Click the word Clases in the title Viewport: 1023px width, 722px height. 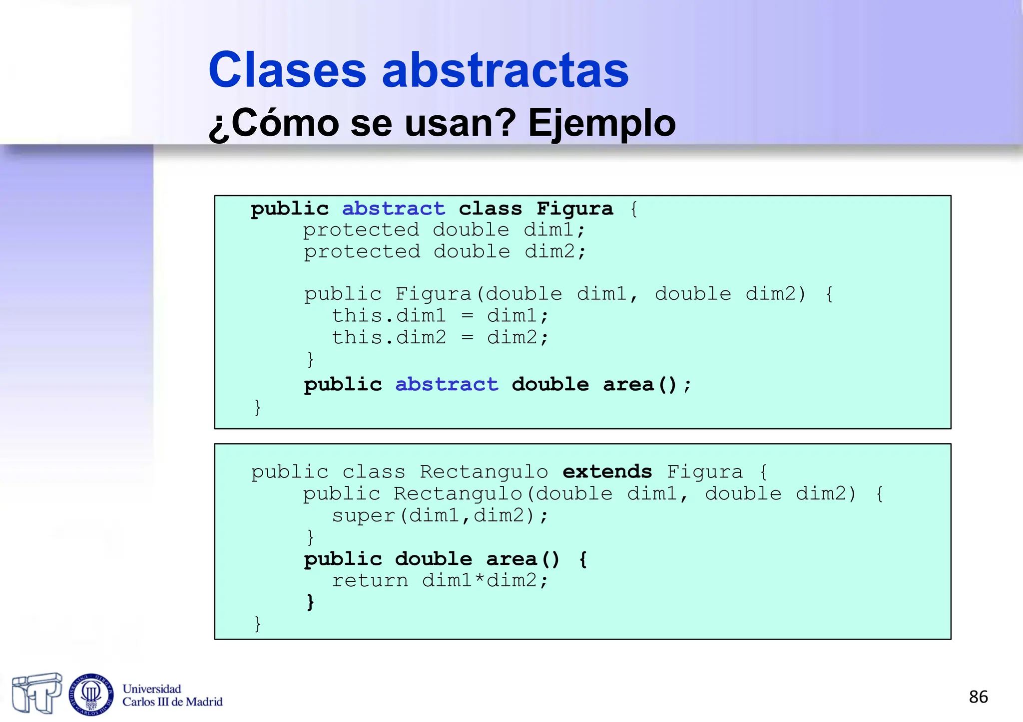[287, 70]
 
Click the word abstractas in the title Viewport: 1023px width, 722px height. [505, 70]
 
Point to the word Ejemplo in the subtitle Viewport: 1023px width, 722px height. [602, 123]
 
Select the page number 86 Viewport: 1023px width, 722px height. [978, 697]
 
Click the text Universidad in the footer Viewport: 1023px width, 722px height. [152, 689]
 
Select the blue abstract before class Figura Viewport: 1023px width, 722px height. [393, 209]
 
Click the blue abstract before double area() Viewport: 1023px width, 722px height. [447, 384]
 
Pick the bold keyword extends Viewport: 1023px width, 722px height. [607, 472]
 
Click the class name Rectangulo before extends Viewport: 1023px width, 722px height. [484, 472]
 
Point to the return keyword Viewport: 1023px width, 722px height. [370, 580]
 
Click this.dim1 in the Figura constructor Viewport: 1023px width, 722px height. [389, 316]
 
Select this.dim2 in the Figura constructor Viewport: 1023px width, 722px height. [389, 338]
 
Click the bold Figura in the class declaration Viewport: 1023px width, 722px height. [574, 209]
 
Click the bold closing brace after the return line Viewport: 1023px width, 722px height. [310, 602]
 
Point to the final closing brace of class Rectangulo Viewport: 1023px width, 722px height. [258, 624]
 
